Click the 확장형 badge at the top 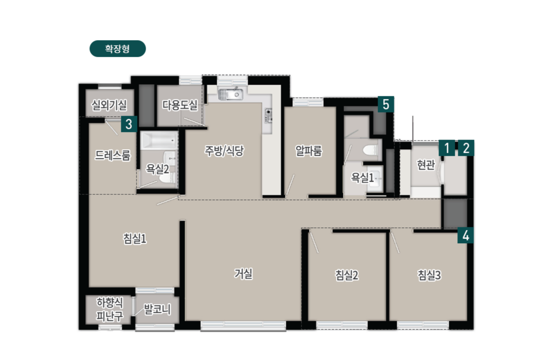click(x=117, y=49)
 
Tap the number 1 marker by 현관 click(x=447, y=148)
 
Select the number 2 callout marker click(x=466, y=148)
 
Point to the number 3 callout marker click(x=129, y=124)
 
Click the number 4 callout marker click(x=465, y=236)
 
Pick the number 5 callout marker click(x=386, y=104)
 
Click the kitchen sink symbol click(x=230, y=94)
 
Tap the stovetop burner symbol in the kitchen click(x=268, y=115)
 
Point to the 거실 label click(x=243, y=274)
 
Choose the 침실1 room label click(x=134, y=239)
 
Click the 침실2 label click(x=347, y=275)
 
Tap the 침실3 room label click(x=429, y=275)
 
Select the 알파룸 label click(x=309, y=151)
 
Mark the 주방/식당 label click(x=224, y=150)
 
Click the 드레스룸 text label click(x=113, y=155)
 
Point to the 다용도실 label click(x=180, y=105)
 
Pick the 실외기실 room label click(x=109, y=105)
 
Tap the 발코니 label click(x=157, y=309)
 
